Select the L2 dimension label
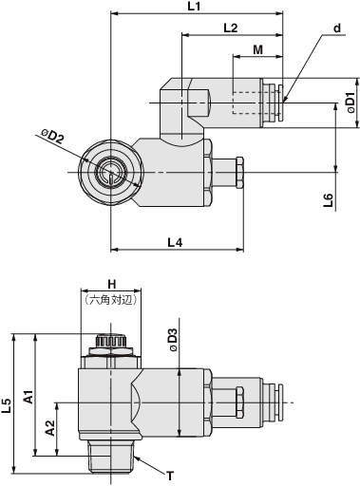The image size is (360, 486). (x=231, y=28)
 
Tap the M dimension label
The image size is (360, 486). (x=258, y=49)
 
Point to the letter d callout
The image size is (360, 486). (x=337, y=28)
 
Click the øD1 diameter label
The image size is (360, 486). (x=351, y=103)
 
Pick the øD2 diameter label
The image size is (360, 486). (x=52, y=136)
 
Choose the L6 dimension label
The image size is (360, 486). (x=329, y=200)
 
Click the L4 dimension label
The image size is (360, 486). (x=175, y=242)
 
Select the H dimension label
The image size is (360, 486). (x=112, y=284)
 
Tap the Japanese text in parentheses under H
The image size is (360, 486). (x=111, y=300)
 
